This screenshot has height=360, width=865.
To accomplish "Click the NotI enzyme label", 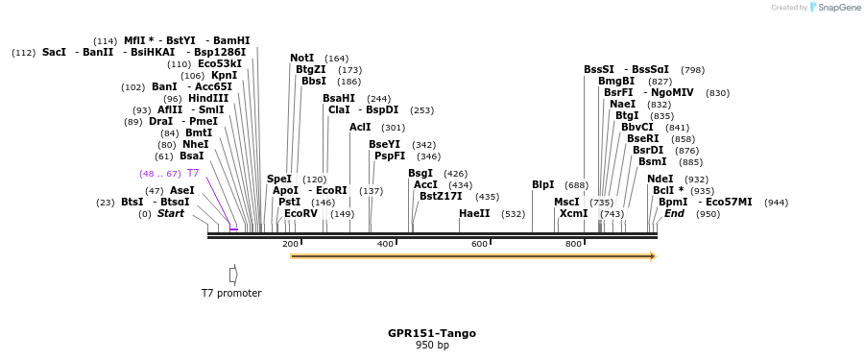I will click(x=302, y=58).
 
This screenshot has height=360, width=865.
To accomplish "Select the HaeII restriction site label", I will click(x=474, y=213).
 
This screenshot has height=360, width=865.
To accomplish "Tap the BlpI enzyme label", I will click(x=543, y=184).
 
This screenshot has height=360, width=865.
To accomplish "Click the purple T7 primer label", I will click(x=193, y=173).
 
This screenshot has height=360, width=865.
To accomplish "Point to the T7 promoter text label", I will click(x=231, y=293).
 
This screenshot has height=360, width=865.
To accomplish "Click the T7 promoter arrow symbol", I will click(x=233, y=275).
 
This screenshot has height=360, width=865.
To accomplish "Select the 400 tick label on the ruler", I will click(x=385, y=245).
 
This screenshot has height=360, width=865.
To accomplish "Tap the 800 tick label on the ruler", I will click(x=573, y=245).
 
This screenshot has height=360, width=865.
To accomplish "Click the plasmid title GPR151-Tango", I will click(x=432, y=333).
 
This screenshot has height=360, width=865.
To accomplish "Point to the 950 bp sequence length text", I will click(x=432, y=345).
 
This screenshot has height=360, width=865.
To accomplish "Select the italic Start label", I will click(x=171, y=213).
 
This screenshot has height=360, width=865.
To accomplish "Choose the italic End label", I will click(x=675, y=213).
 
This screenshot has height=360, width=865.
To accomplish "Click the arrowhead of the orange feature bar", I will click(x=653, y=256).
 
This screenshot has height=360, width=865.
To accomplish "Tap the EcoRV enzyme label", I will click(x=300, y=213).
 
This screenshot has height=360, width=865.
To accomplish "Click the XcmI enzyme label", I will click(x=573, y=213).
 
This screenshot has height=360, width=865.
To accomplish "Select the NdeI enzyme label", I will click(x=661, y=179).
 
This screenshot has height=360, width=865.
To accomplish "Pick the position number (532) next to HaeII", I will click(x=514, y=214).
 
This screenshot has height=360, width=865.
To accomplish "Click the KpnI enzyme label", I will click(x=224, y=75).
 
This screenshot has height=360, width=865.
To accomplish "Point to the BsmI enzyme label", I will click(x=652, y=161).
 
